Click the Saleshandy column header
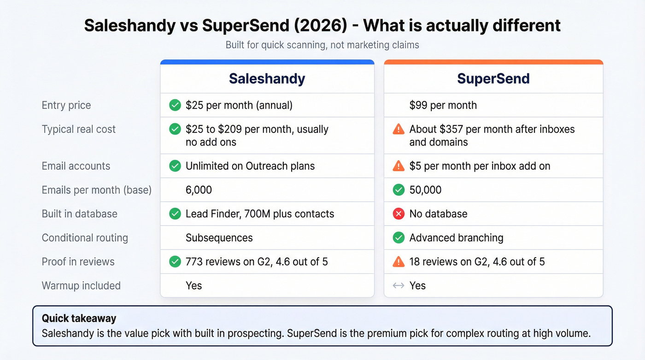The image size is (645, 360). pyautogui.click(x=267, y=79)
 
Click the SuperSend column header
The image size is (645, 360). pyautogui.click(x=493, y=79)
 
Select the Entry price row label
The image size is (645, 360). pyautogui.click(x=66, y=105)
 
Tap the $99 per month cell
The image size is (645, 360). pyautogui.click(x=443, y=105)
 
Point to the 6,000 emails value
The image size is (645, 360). pyautogui.click(x=199, y=190)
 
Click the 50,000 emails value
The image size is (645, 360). pyautogui.click(x=425, y=190)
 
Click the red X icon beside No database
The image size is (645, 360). pyautogui.click(x=399, y=214)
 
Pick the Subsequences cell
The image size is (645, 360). pyautogui.click(x=219, y=238)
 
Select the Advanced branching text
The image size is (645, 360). pyautogui.click(x=456, y=238)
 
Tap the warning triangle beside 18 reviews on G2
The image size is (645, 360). pyautogui.click(x=399, y=262)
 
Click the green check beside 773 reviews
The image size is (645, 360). pyautogui.click(x=175, y=262)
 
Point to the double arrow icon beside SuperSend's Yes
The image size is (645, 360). pyautogui.click(x=399, y=286)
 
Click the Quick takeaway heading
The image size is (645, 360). pyautogui.click(x=79, y=318)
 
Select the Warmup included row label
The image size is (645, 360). pyautogui.click(x=81, y=286)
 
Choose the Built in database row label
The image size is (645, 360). pyautogui.click(x=79, y=214)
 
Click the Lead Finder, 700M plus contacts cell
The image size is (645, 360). pyautogui.click(x=260, y=214)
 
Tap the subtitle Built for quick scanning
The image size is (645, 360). pyautogui.click(x=322, y=45)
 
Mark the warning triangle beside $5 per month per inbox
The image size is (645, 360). pyautogui.click(x=399, y=166)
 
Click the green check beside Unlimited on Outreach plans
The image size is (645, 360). pyautogui.click(x=175, y=166)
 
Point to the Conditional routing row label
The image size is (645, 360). pyautogui.click(x=85, y=238)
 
